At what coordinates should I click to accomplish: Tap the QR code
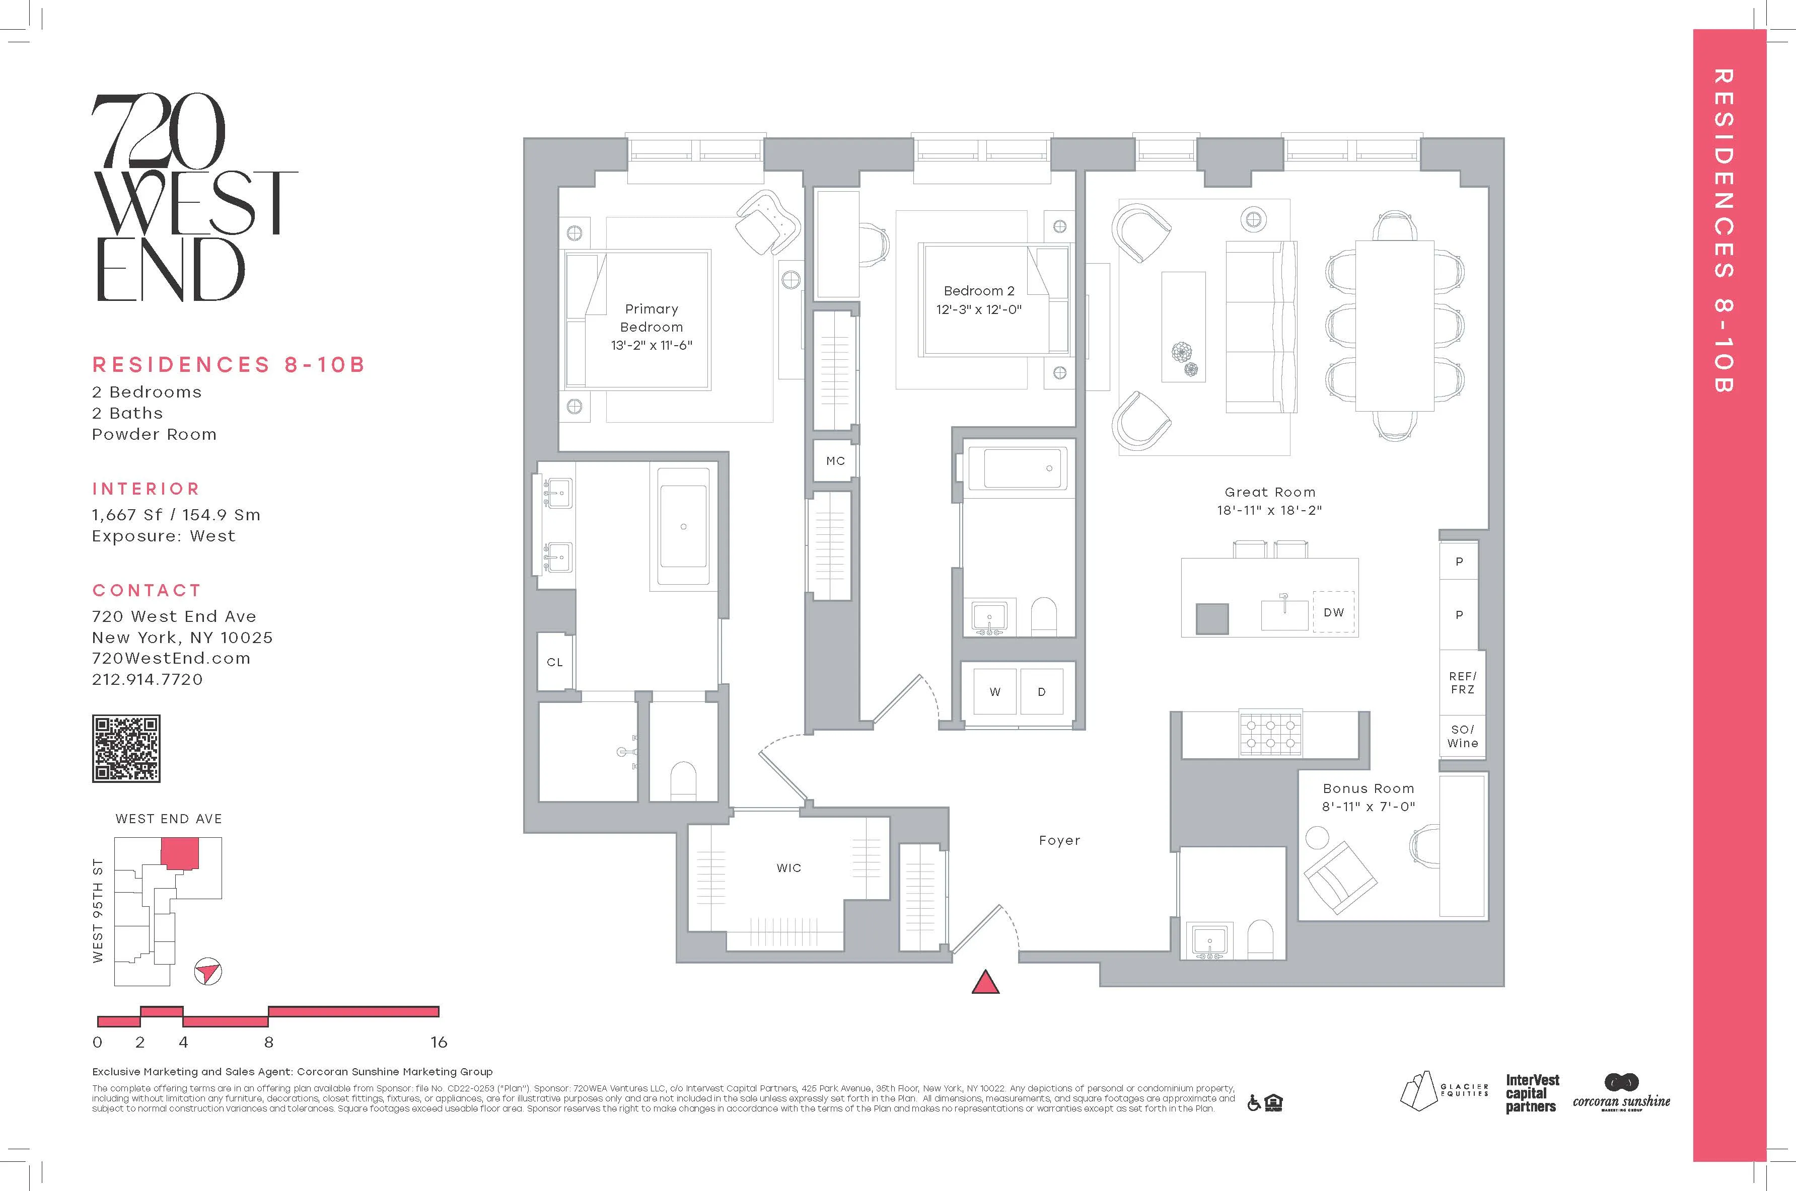pos(126,748)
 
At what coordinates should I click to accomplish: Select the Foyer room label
pos(1059,840)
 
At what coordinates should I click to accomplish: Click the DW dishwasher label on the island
pos(1333,612)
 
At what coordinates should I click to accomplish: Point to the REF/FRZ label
pos(1462,682)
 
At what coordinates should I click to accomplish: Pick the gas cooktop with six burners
pos(1270,734)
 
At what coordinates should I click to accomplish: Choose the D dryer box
pos(1041,692)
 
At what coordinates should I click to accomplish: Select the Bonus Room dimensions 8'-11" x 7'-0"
pos(1368,807)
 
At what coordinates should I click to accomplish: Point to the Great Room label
pos(1269,492)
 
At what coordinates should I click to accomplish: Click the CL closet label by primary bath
pos(555,662)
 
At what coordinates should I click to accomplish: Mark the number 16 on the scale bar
pos(439,1042)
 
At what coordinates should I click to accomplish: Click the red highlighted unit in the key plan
pos(180,853)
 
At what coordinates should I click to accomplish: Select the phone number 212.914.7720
pos(148,680)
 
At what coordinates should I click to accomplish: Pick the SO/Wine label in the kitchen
pos(1462,736)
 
